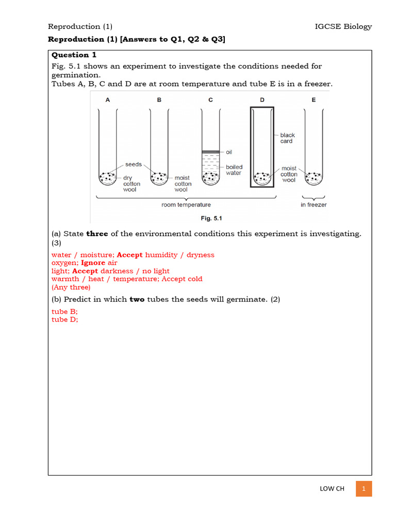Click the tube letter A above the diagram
pos(108,100)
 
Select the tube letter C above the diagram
pos(210,100)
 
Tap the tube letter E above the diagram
pos(313,100)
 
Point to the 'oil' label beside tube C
pos(229,152)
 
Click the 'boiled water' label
pos(234,170)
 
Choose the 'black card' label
pos(287,138)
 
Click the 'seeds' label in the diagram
pos(134,165)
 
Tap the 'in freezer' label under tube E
pos(313,205)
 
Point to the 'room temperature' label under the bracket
pos(186,205)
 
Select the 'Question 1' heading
pos(74,55)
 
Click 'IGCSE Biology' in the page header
pos(343,27)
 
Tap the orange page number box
pos(364,488)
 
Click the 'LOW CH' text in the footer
pos(332,489)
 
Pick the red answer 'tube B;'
pos(64,311)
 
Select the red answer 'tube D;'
pos(64,320)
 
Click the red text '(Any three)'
pos(71,287)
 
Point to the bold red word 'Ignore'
pos(93,263)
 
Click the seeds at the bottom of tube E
pos(313,178)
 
